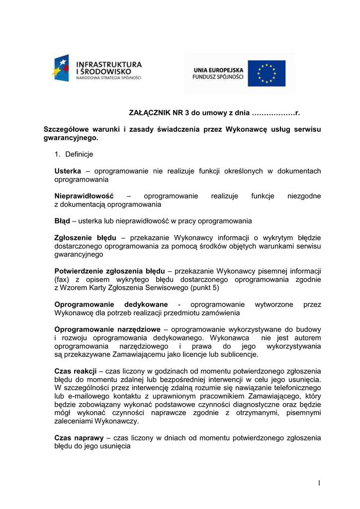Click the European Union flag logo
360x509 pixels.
point(267,74)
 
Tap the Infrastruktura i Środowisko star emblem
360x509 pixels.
point(62,69)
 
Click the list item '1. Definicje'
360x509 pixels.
point(75,155)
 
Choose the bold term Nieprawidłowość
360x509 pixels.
point(84,196)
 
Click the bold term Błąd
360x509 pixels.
point(62,221)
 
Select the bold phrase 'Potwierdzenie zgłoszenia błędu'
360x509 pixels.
point(109,271)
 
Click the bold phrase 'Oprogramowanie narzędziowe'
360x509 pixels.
point(107,330)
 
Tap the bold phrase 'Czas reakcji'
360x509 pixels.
point(75,371)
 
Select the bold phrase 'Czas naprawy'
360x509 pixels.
point(79,438)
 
